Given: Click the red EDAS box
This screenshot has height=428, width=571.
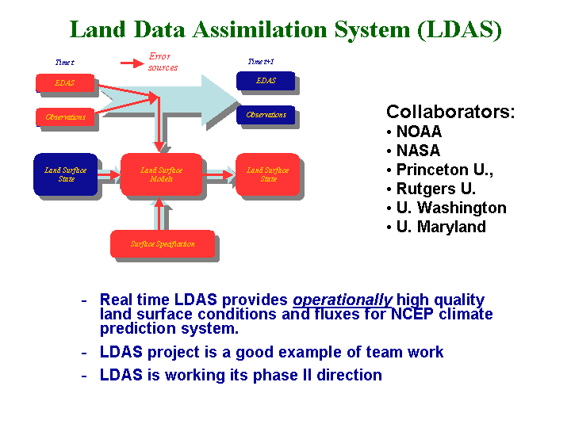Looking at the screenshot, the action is (65, 83).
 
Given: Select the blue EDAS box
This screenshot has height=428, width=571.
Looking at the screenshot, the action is (266, 81).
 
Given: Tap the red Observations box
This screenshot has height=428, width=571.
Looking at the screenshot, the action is (65, 117).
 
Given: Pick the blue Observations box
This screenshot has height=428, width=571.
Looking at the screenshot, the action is (266, 115).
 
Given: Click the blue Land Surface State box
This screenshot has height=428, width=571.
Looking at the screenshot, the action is (66, 174).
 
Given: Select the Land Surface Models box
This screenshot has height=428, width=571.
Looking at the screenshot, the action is (161, 174).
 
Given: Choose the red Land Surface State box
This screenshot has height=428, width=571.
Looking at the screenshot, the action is (268, 174).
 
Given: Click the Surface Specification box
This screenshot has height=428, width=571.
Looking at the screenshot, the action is (163, 244).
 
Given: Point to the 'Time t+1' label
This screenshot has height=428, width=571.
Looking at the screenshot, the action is (261, 62).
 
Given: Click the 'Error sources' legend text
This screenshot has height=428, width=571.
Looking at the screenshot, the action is (163, 62).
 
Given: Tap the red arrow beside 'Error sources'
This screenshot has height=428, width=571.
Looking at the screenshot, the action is (132, 63).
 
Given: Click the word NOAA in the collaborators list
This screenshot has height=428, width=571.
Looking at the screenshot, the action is (419, 132).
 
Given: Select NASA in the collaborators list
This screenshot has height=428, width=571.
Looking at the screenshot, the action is (418, 151).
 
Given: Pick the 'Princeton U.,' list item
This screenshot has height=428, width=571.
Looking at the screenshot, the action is (445, 170).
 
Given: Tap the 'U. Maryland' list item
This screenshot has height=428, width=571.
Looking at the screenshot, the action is (441, 227).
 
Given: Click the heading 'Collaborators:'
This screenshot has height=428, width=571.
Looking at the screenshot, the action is (450, 112).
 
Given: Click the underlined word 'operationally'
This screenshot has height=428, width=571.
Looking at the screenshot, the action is (343, 300).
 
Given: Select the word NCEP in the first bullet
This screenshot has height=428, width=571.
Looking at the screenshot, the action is (412, 314).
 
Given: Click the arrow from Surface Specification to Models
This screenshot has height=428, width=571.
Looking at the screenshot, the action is (159, 214).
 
